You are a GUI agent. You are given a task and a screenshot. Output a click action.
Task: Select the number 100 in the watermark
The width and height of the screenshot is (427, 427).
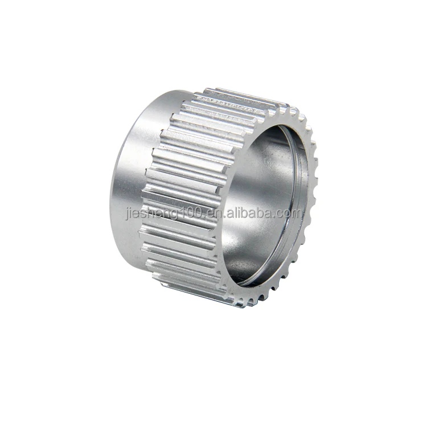pos(192,213)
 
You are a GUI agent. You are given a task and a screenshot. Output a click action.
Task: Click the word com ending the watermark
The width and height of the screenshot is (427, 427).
pos(290,213)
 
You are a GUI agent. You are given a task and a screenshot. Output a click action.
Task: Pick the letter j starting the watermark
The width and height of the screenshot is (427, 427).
pos(126,215)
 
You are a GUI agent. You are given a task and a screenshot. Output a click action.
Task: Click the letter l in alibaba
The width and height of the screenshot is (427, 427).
pos(233,213)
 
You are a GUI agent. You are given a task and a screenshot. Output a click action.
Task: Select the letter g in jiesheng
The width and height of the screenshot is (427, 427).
pos(176,215)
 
